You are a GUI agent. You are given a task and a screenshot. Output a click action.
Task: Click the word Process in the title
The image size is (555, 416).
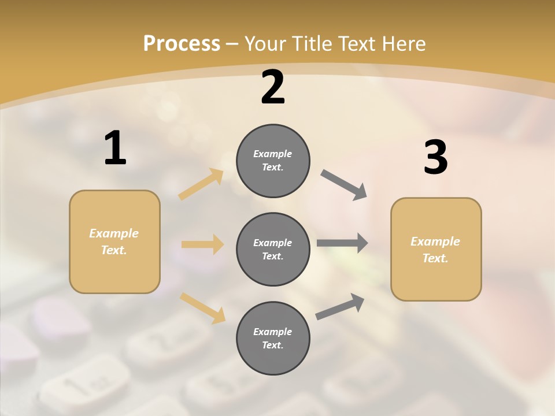tap(182, 44)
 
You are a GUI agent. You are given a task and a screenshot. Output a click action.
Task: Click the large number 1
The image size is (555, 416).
tap(115, 148)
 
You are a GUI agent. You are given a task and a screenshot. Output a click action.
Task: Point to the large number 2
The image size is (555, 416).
tap(273, 87)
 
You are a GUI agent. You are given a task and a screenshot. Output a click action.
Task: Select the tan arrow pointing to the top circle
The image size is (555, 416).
tap(201, 184)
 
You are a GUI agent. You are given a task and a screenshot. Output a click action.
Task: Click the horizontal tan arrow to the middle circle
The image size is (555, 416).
tap(202, 244)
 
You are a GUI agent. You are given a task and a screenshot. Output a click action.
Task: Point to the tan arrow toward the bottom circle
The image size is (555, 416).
tap(202, 307)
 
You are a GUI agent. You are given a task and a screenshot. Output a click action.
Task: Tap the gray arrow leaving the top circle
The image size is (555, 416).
tap(344, 185)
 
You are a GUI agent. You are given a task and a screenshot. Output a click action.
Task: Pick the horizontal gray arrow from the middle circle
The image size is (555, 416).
tap(342, 243)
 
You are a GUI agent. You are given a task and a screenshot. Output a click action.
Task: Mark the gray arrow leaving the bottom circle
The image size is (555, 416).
tap(340, 306)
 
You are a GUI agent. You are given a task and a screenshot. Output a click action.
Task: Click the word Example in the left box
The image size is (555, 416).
tap(114, 233)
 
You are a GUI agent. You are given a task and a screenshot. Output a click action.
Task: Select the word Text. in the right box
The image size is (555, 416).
tap(435, 258)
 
